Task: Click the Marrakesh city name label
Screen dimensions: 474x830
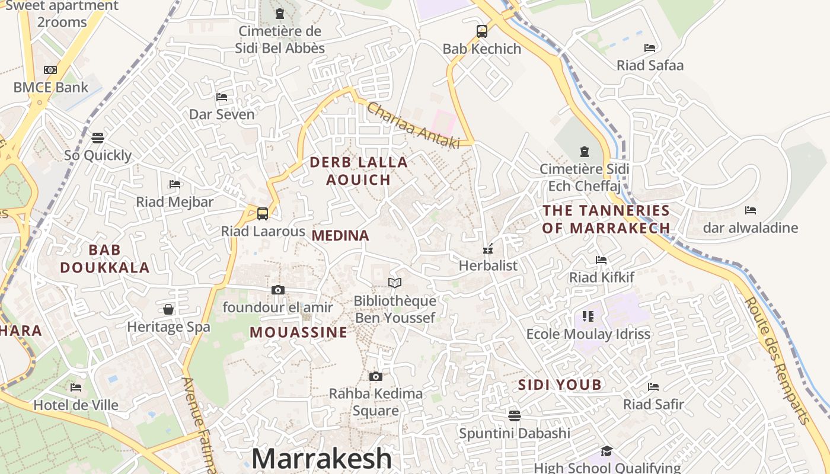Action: tap(321, 459)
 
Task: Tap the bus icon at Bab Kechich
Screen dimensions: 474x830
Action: tap(482, 31)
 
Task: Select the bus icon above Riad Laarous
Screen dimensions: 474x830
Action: tap(263, 214)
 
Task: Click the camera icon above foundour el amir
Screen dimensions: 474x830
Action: tap(278, 290)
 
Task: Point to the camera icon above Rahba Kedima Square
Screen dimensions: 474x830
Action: tap(375, 376)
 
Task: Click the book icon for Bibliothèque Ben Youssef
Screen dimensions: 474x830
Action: tap(395, 283)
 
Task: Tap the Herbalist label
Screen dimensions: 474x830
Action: tap(488, 265)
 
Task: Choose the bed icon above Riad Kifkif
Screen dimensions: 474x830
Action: tap(601, 260)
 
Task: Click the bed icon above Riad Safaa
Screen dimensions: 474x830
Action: tap(650, 47)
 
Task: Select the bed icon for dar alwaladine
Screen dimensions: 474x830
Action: tap(751, 210)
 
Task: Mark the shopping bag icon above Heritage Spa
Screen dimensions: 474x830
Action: tap(168, 309)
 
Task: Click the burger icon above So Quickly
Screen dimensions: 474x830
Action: tap(98, 138)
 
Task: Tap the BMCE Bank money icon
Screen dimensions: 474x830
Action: tap(50, 70)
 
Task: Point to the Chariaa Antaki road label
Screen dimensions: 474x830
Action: tap(413, 125)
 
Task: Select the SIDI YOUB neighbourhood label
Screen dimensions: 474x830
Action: tap(560, 385)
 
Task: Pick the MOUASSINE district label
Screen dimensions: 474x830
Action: tap(298, 332)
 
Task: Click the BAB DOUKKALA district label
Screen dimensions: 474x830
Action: tap(105, 259)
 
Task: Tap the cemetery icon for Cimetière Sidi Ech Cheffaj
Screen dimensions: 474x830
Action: tap(585, 152)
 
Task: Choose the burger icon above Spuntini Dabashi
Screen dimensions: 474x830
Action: tap(514, 415)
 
